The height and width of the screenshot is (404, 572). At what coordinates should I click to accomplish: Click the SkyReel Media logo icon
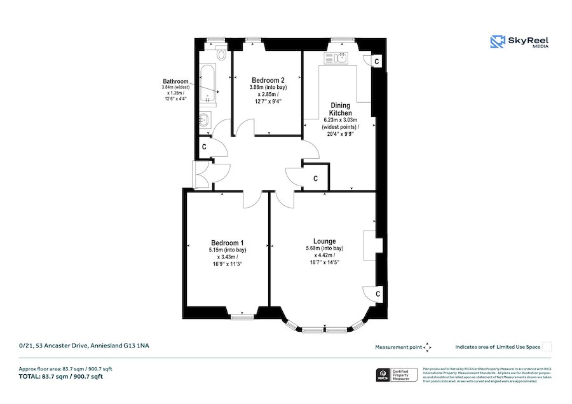coord(497,42)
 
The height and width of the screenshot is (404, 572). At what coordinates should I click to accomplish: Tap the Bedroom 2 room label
coord(268,81)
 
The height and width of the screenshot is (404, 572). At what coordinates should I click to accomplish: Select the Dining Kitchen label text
coord(341,109)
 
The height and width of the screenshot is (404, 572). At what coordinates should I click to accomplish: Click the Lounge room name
coord(324,241)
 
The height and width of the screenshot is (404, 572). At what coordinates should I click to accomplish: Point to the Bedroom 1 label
coord(228,243)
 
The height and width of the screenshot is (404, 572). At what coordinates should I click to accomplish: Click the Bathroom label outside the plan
coord(175,82)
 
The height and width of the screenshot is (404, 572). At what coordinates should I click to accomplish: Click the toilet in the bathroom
coord(221,54)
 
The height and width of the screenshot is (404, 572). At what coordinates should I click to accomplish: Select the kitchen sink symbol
coord(336,58)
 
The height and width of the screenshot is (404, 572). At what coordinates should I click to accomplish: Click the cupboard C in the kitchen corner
coord(376,61)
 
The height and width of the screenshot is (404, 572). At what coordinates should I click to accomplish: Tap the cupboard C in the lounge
coord(377,295)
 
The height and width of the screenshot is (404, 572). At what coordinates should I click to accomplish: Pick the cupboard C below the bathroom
coord(205,147)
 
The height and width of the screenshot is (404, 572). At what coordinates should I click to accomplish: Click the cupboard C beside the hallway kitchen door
coord(316,178)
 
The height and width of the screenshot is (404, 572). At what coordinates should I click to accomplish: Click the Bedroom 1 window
coord(242,316)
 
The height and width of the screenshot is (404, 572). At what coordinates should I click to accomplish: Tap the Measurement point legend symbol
coord(428,347)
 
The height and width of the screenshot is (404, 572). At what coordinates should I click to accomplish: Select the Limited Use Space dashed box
coord(547,346)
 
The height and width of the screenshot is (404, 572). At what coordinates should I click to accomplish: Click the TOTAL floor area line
coord(61,377)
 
